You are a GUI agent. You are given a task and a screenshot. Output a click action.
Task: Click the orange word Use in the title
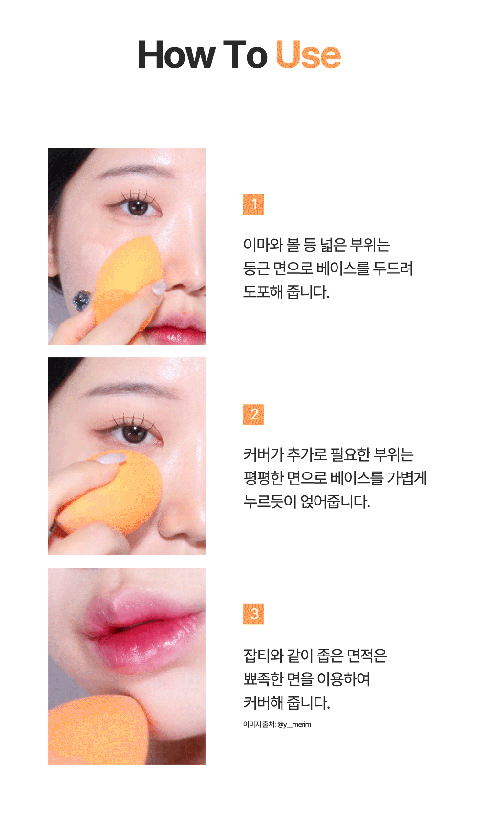[x=308, y=55]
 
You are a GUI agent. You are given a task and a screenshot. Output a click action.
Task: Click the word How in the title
[x=176, y=55]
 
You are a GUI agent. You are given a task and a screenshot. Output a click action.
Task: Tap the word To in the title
[x=246, y=55]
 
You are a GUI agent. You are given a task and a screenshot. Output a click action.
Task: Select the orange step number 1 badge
[x=254, y=204]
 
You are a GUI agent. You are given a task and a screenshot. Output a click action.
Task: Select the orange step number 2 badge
[x=254, y=415]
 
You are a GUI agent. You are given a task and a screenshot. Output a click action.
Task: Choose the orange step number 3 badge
[x=254, y=614]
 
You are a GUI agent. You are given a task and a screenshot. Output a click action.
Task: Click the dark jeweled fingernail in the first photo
[x=81, y=300]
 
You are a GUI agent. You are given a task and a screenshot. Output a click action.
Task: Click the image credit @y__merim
[x=294, y=724]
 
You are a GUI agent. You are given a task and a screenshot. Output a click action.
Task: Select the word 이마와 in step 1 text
[x=263, y=245]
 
